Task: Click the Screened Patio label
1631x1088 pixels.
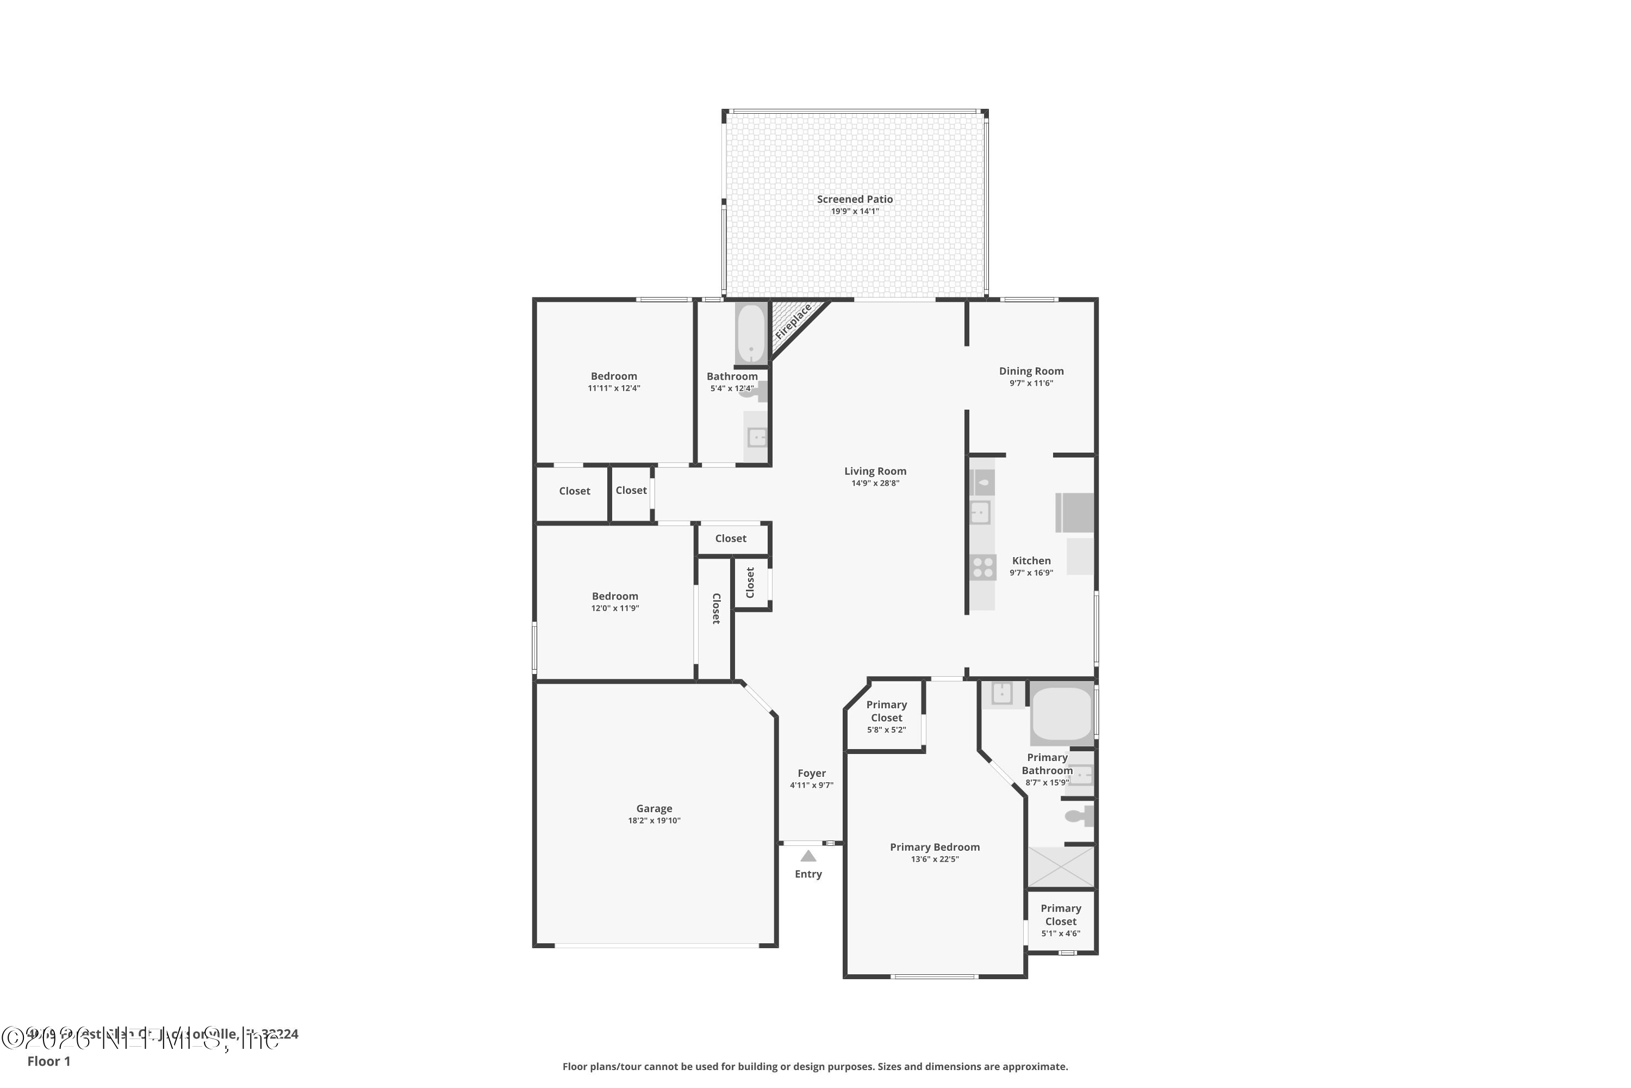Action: click(854, 199)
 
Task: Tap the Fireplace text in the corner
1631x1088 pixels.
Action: click(793, 322)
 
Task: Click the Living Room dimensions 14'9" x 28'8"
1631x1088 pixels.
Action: click(875, 484)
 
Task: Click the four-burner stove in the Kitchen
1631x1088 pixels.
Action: click(982, 567)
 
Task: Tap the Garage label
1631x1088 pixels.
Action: click(654, 808)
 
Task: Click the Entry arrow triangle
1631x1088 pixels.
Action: click(808, 856)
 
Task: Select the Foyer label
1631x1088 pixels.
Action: click(811, 773)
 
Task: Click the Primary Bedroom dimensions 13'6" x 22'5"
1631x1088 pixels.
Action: click(935, 859)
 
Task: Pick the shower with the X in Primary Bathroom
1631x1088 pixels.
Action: click(1060, 867)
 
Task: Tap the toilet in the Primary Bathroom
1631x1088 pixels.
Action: click(1078, 816)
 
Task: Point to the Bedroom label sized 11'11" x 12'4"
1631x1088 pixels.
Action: click(614, 376)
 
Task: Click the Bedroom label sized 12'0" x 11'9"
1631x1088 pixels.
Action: click(615, 596)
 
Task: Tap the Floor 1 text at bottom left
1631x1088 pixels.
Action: click(48, 1061)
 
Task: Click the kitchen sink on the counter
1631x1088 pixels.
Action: click(980, 513)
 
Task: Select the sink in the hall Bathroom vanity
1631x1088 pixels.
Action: click(757, 437)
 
